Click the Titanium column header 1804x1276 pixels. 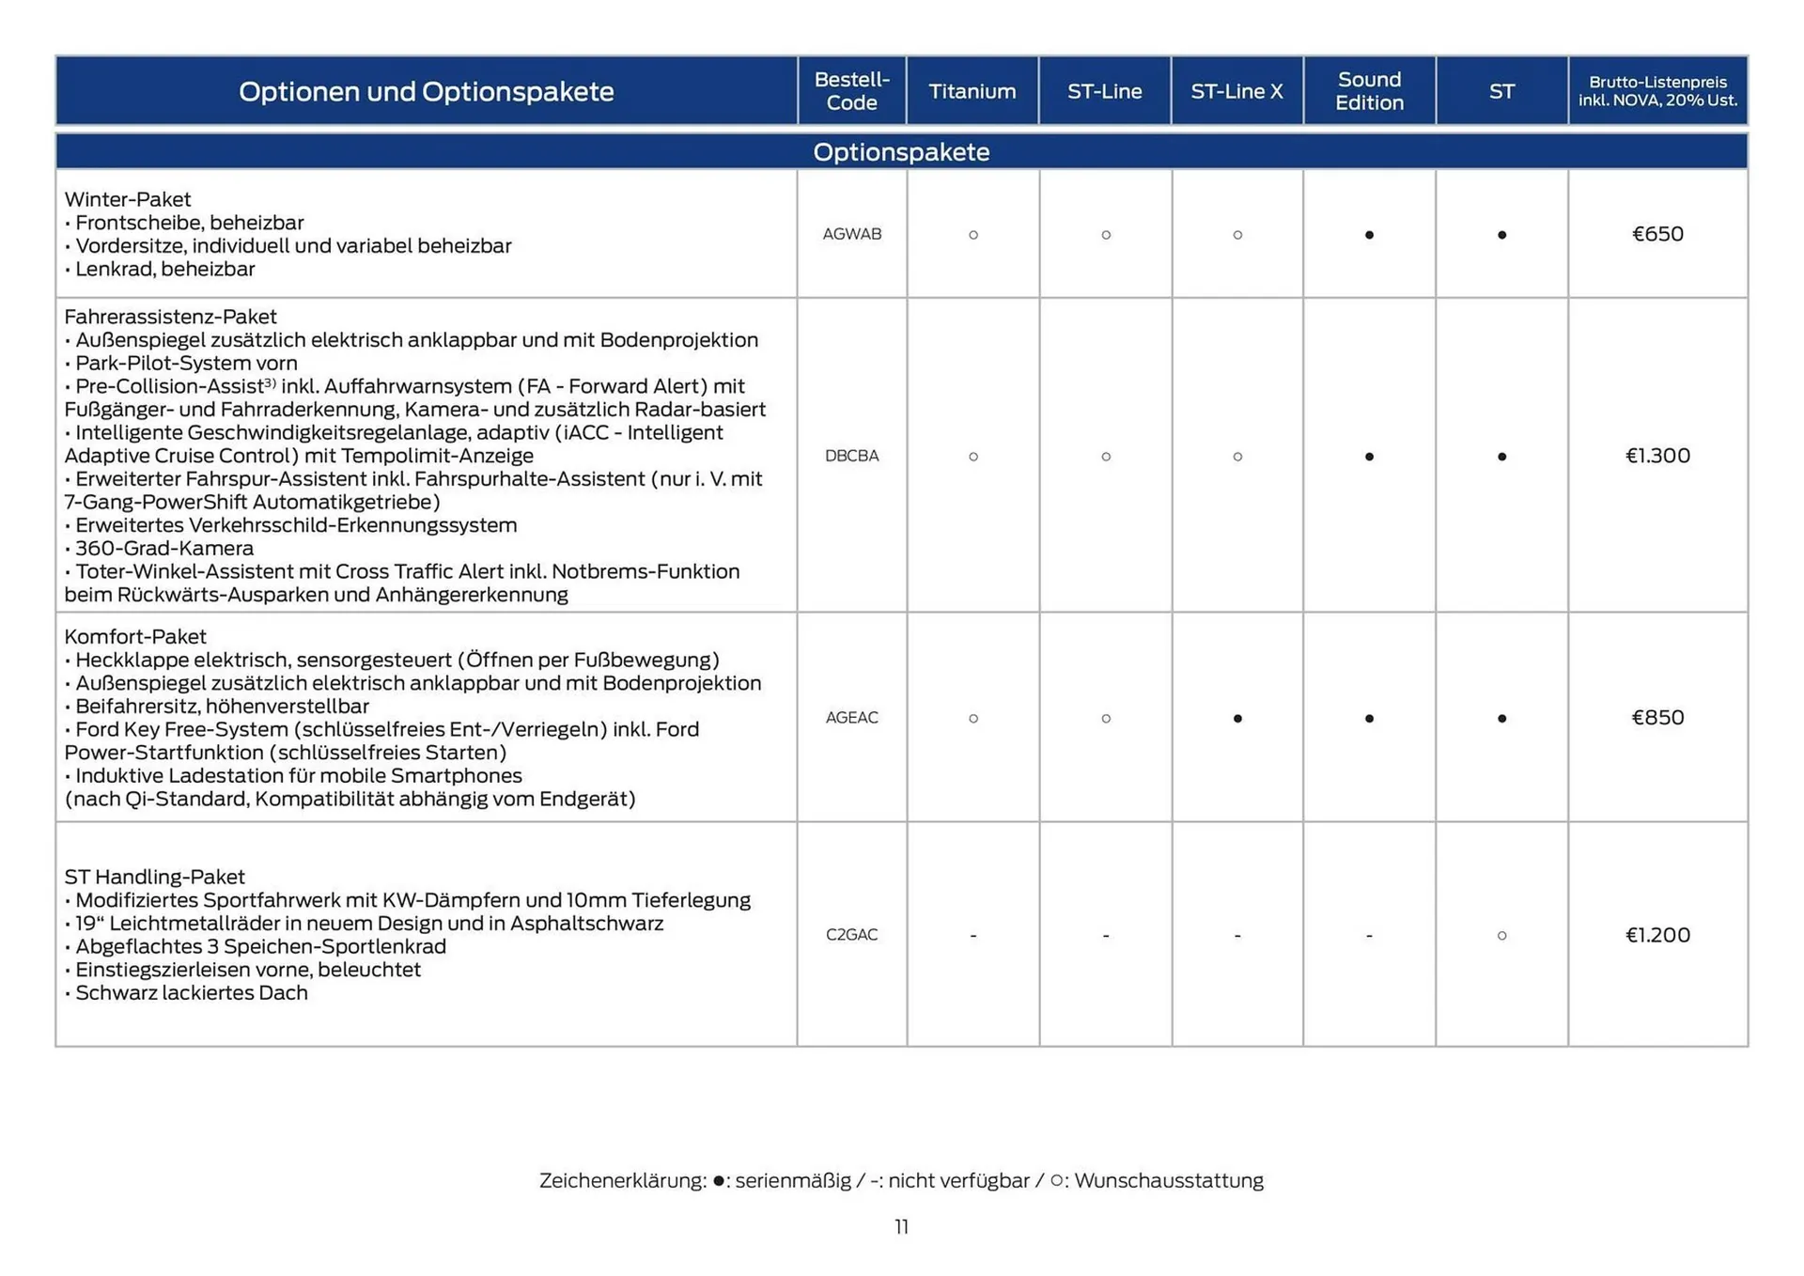click(x=972, y=91)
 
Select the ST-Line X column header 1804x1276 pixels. click(x=1236, y=91)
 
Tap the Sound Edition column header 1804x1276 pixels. click(x=1369, y=91)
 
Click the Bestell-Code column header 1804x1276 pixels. click(x=851, y=91)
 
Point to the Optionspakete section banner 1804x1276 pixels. click(x=901, y=152)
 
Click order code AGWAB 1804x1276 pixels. click(x=851, y=234)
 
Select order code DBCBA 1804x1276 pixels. click(x=851, y=456)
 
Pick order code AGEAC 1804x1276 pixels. click(x=851, y=718)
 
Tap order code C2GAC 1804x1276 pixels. click(x=851, y=935)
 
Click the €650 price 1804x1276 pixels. click(x=1657, y=234)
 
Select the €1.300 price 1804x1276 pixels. click(x=1657, y=456)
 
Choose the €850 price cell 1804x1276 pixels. click(x=1657, y=718)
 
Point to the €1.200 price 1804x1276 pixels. click(x=1657, y=935)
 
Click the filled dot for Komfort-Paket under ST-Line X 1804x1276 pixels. click(x=1237, y=719)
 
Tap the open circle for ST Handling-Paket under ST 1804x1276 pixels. click(x=1501, y=936)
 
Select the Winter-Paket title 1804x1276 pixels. click(x=128, y=199)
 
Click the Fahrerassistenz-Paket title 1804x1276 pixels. click(x=170, y=317)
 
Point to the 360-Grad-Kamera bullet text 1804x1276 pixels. click(x=163, y=549)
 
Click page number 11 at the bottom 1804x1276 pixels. click(x=901, y=1227)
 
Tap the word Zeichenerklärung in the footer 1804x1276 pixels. click(x=622, y=1181)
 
